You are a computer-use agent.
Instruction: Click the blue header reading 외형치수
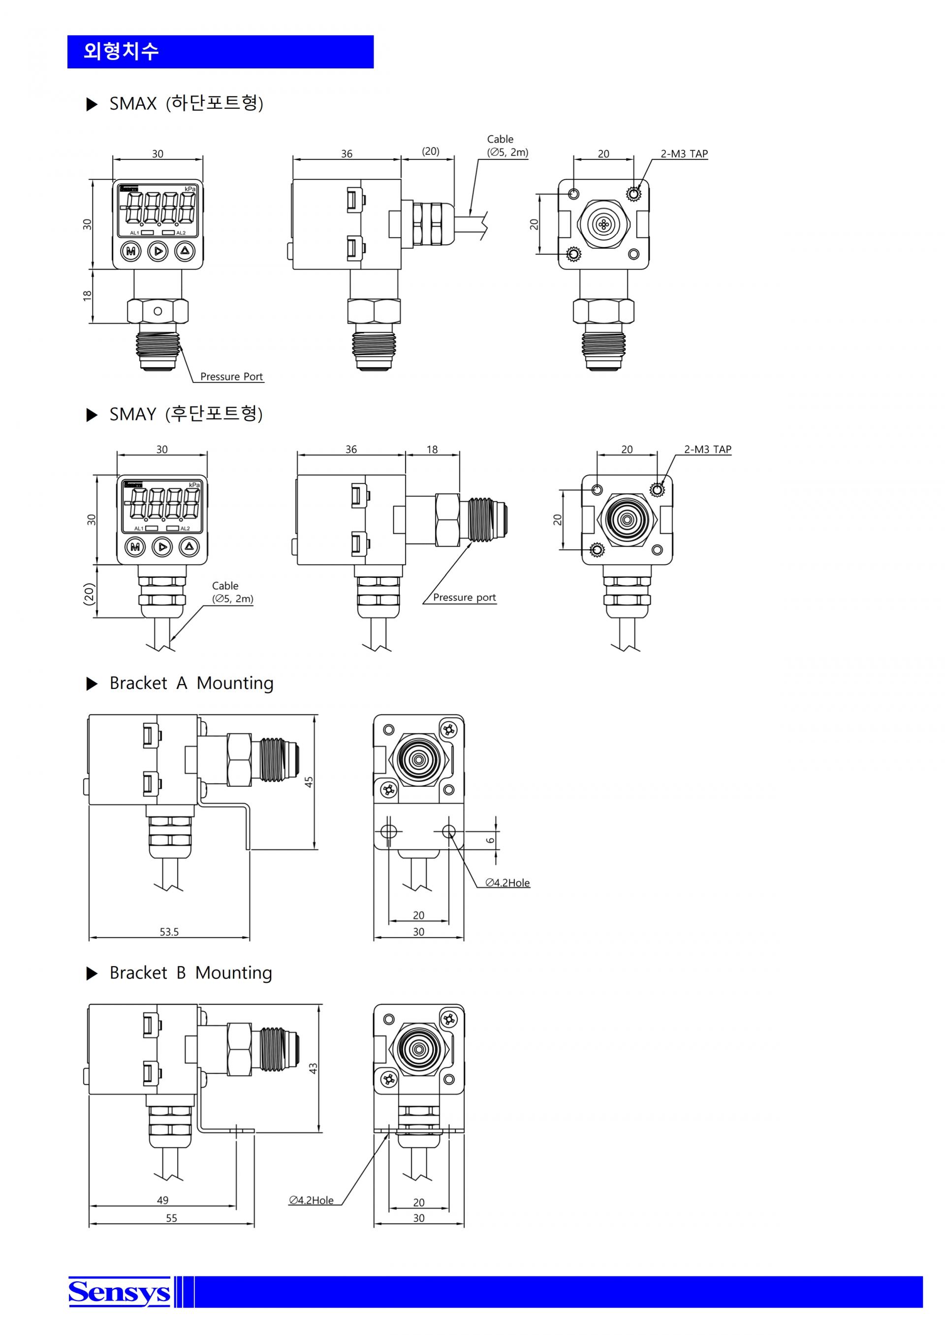tap(220, 52)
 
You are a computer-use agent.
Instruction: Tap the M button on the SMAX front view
tap(131, 251)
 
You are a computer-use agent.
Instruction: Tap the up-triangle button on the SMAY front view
tap(189, 547)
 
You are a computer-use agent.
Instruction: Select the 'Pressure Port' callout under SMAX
tap(232, 376)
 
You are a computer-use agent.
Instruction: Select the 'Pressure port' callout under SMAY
tap(464, 597)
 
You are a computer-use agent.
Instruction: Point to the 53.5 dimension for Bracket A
tap(169, 931)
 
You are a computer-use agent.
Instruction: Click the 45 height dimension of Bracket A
tap(309, 782)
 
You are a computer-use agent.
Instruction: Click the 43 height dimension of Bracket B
tap(313, 1068)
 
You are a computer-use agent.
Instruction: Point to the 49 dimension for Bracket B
tap(163, 1200)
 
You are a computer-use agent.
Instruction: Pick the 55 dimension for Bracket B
tap(172, 1218)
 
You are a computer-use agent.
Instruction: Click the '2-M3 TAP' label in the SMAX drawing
tap(684, 154)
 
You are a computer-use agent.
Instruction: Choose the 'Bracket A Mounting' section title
tap(191, 683)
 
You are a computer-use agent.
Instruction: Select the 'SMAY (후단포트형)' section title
tap(186, 414)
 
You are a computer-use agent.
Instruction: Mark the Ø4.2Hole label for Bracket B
tap(312, 1200)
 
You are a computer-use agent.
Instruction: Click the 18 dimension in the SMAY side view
tap(432, 449)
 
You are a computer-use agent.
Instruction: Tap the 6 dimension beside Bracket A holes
tap(491, 840)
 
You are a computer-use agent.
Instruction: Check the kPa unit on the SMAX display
tap(190, 189)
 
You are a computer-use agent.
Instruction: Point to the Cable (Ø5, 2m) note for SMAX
tap(507, 146)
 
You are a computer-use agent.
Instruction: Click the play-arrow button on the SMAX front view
tap(157, 251)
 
